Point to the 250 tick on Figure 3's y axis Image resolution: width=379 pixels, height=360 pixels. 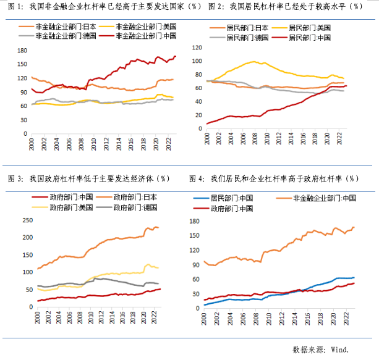pyautogui.click(x=27, y=220)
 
